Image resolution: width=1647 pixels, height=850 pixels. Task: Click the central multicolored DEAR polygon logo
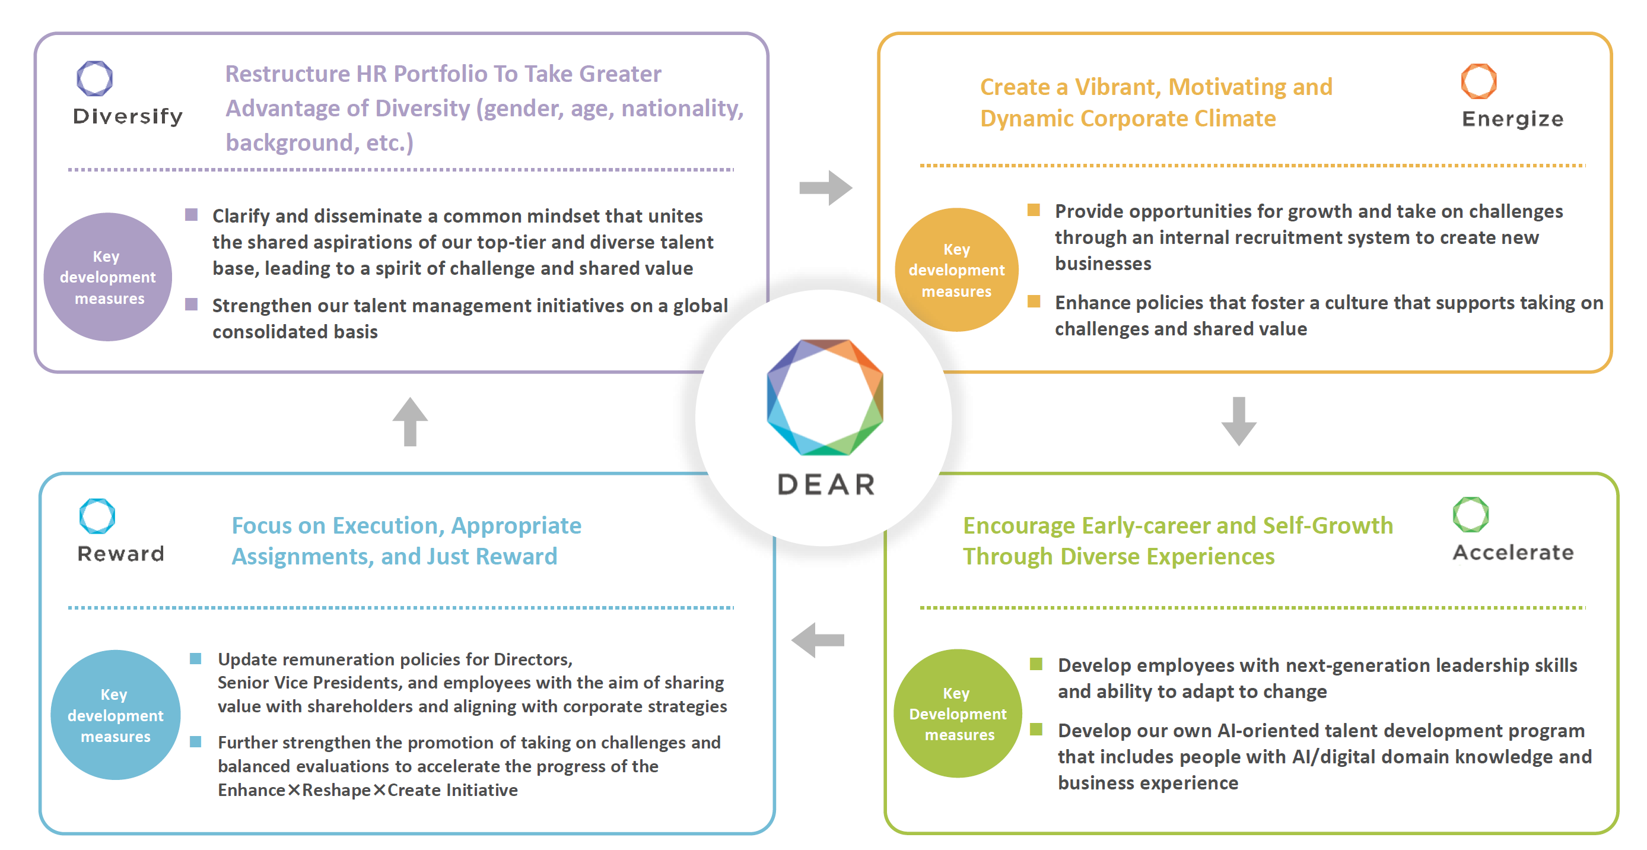[x=825, y=397]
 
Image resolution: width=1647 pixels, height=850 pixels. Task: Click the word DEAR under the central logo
[x=826, y=485]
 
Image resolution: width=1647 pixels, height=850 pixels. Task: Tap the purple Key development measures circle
[x=108, y=277]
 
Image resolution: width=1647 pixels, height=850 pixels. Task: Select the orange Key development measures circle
[x=956, y=270]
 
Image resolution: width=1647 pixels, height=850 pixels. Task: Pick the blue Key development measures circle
[x=116, y=715]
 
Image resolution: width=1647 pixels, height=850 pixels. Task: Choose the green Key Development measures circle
[x=958, y=713]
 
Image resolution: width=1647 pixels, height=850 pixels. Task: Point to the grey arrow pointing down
[x=1239, y=421]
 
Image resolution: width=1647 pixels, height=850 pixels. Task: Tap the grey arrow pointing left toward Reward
[x=818, y=640]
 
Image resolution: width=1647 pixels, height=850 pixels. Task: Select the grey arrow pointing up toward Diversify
[x=410, y=421]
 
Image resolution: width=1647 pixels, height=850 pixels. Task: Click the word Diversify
[x=128, y=116]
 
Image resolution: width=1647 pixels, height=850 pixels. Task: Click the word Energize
[x=1513, y=119]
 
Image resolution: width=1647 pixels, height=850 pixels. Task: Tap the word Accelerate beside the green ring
[x=1513, y=553]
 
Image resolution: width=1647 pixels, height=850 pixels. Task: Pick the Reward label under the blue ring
[x=121, y=554]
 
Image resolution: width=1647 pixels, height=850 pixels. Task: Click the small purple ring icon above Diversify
[x=94, y=78]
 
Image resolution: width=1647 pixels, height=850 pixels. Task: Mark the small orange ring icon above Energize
[x=1479, y=81]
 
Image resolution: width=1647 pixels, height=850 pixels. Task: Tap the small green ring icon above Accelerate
[x=1471, y=515]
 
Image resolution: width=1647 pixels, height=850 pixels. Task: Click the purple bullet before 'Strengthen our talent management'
[x=191, y=304]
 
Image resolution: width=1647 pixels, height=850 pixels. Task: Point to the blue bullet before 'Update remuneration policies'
[x=196, y=658]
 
